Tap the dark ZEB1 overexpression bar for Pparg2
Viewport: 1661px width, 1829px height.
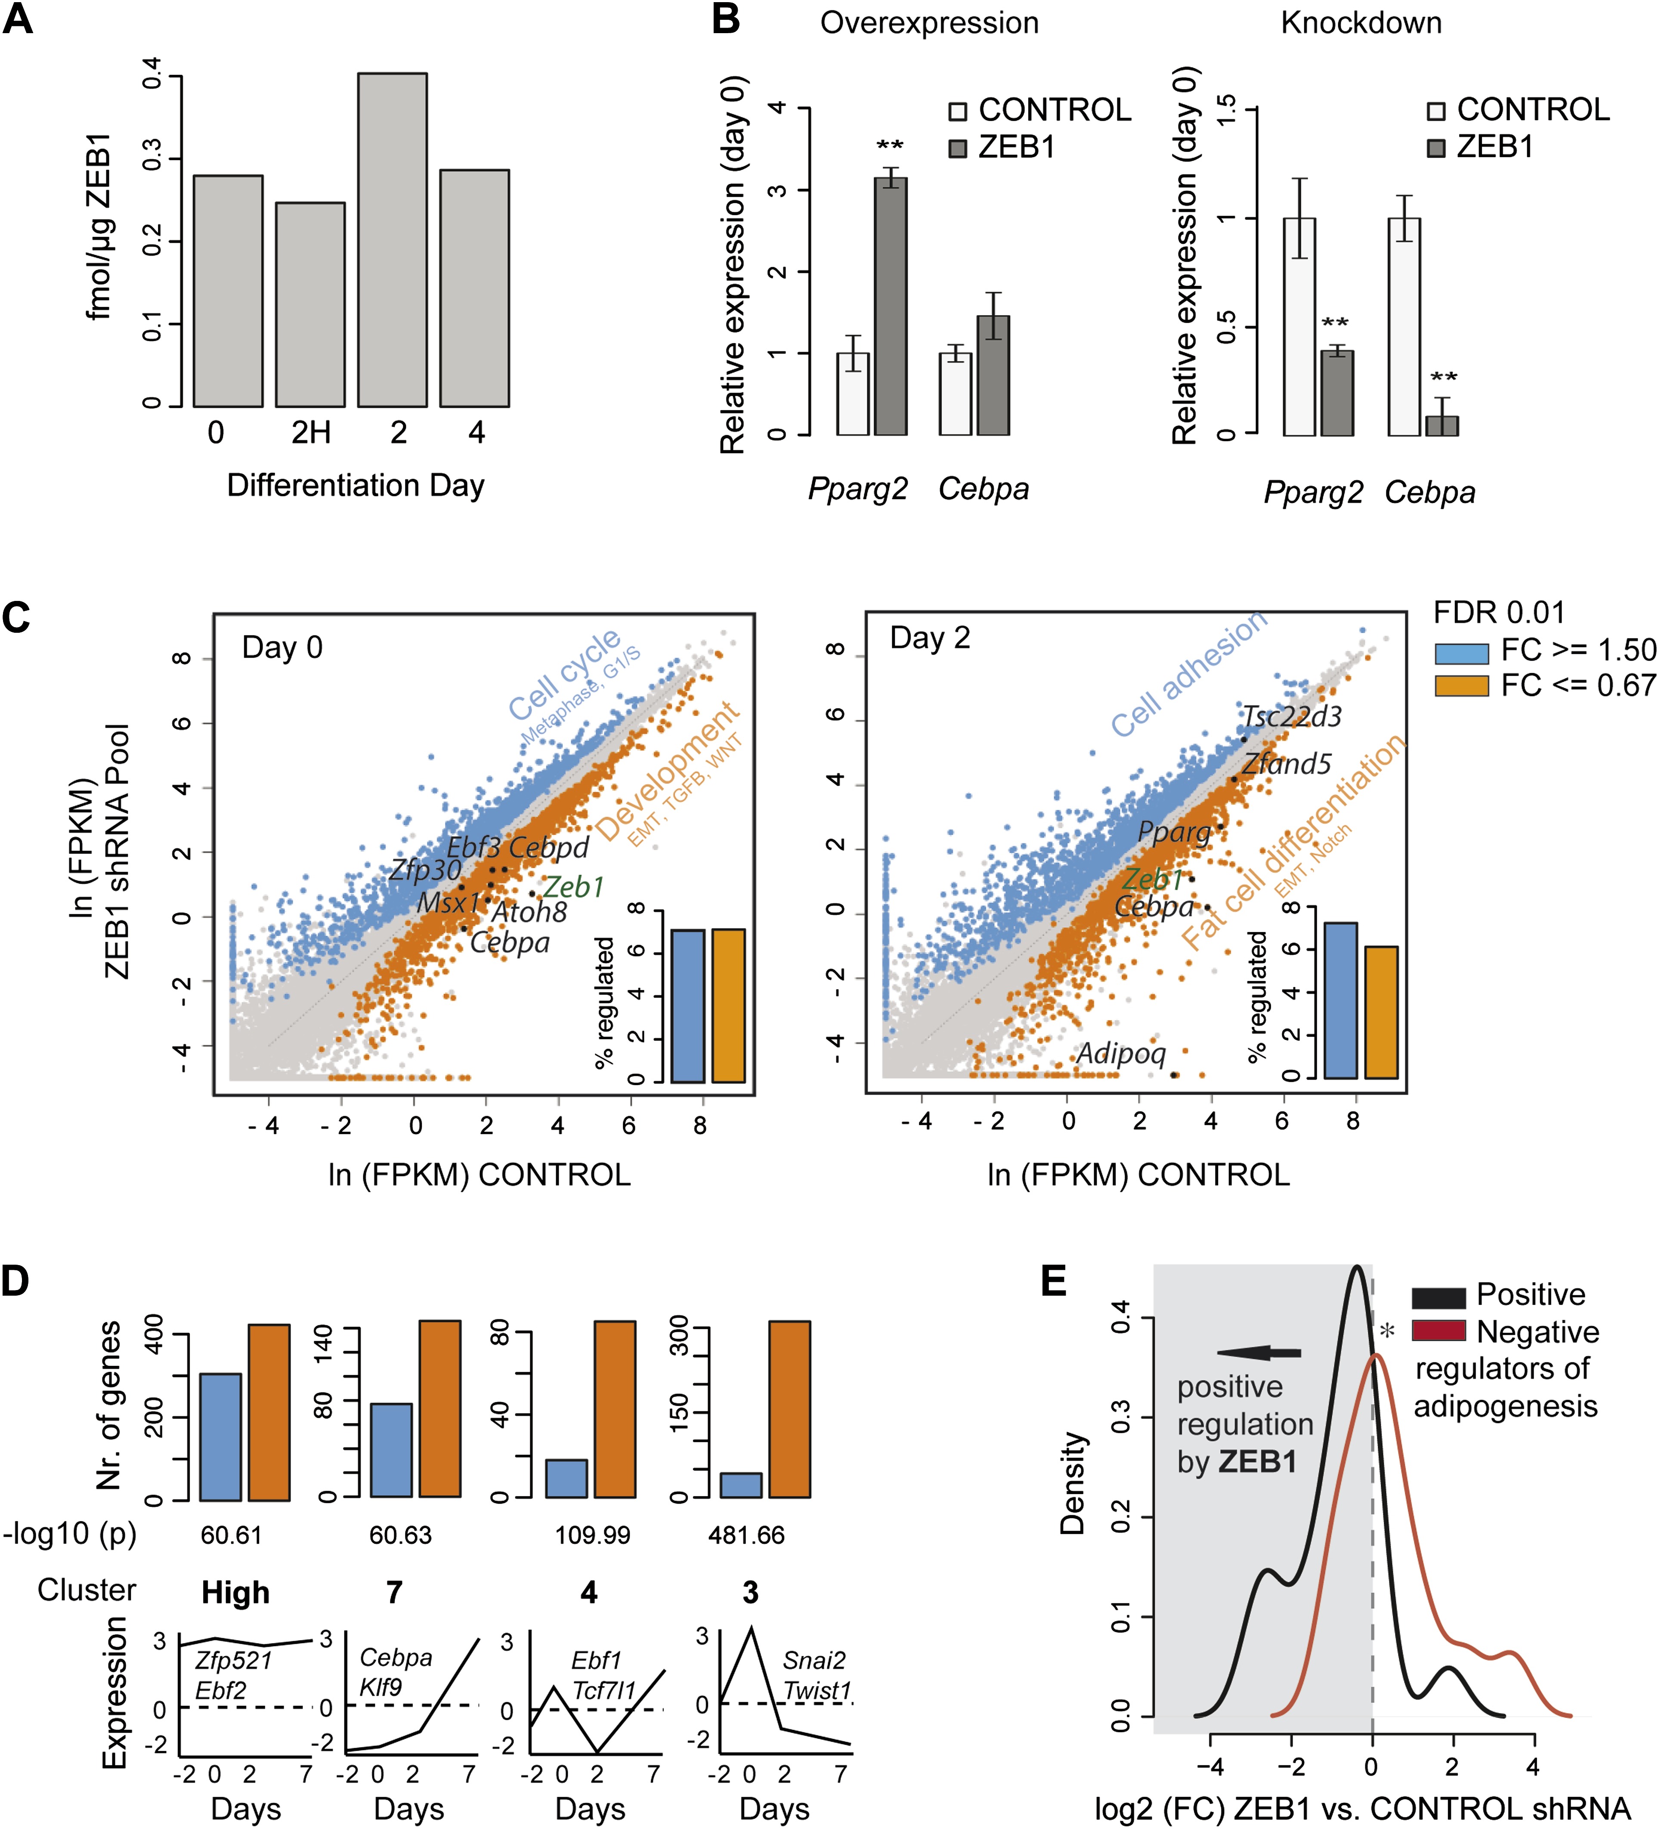pos(890,306)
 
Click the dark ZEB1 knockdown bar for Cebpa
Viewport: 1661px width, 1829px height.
pos(1441,425)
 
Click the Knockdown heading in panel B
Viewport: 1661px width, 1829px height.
pos(1361,23)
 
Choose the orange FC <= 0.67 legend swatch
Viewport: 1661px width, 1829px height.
pos(1461,686)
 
